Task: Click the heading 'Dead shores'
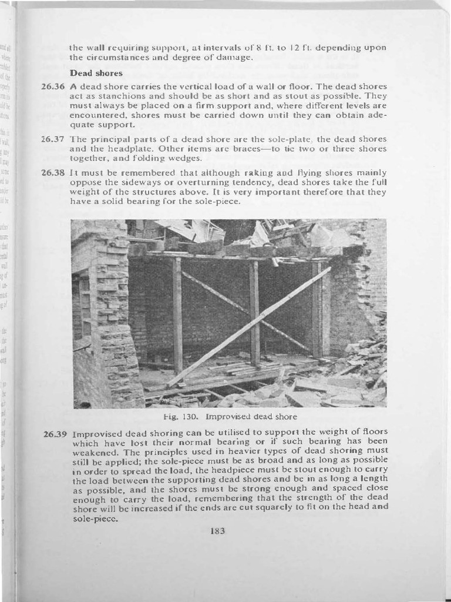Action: click(96, 73)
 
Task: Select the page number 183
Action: click(217, 530)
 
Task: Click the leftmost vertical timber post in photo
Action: click(177, 315)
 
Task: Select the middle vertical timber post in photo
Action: click(254, 312)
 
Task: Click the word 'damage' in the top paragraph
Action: click(234, 58)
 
